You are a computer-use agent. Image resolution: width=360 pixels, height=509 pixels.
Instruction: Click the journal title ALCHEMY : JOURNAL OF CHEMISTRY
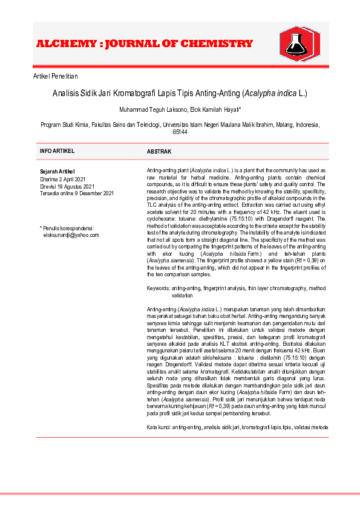tap(145, 44)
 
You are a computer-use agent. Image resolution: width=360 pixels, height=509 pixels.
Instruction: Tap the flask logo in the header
tap(297, 44)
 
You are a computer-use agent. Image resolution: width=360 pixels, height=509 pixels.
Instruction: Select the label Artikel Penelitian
tap(56, 76)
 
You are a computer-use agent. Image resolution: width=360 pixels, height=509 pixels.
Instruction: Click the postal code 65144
tap(180, 132)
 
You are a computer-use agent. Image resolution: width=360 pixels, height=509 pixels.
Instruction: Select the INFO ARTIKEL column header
tap(58, 151)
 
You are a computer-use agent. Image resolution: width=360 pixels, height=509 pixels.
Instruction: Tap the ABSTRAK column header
tap(160, 151)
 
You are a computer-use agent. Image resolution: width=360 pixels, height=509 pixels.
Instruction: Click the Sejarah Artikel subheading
tap(57, 172)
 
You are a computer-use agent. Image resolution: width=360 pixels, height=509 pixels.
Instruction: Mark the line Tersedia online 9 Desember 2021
tap(77, 193)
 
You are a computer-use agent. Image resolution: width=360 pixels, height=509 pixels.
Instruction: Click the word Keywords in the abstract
tap(159, 289)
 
